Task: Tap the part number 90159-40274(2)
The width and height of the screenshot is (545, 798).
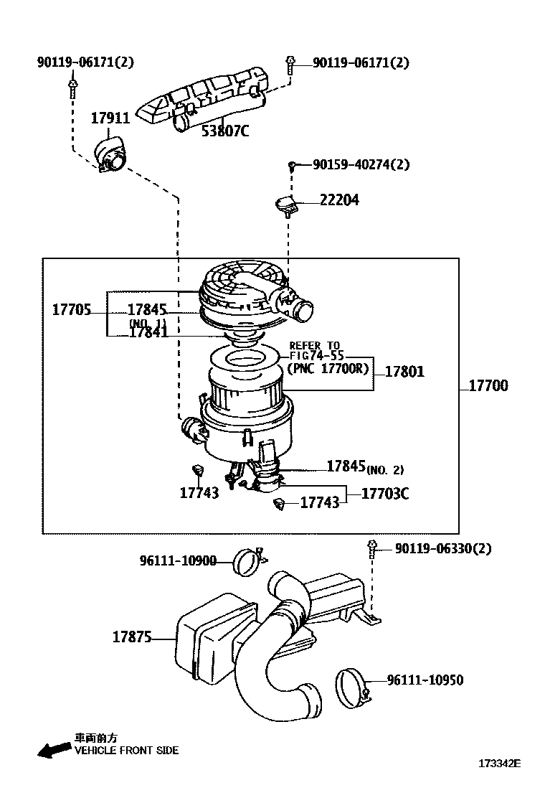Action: pyautogui.click(x=361, y=164)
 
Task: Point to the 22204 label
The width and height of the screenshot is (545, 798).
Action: pyautogui.click(x=339, y=200)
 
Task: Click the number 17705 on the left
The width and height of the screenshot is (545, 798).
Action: pyautogui.click(x=71, y=310)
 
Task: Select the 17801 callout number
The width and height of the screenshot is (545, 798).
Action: pyautogui.click(x=404, y=372)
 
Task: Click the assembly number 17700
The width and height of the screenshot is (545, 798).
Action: pyautogui.click(x=488, y=386)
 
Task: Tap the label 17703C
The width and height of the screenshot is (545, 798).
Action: pyautogui.click(x=385, y=494)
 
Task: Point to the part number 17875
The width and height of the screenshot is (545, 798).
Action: pyautogui.click(x=132, y=637)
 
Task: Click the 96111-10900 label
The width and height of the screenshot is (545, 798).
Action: pyautogui.click(x=178, y=560)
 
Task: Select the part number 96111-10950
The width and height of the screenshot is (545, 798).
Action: pyautogui.click(x=425, y=680)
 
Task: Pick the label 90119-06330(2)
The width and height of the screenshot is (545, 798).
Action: pyautogui.click(x=443, y=549)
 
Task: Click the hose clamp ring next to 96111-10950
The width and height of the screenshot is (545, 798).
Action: pyautogui.click(x=351, y=685)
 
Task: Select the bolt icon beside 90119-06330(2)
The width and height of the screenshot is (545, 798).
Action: pyautogui.click(x=372, y=548)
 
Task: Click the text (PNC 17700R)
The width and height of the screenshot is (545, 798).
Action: pyautogui.click(x=328, y=368)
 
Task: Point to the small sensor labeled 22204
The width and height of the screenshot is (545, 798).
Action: pyautogui.click(x=287, y=205)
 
